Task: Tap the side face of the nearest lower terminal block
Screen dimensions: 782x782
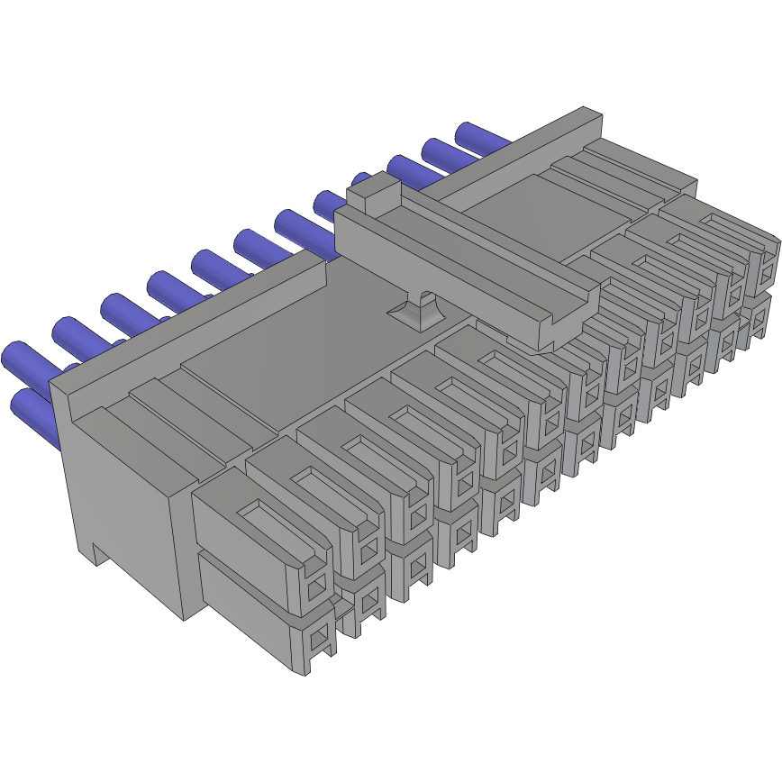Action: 243,613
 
